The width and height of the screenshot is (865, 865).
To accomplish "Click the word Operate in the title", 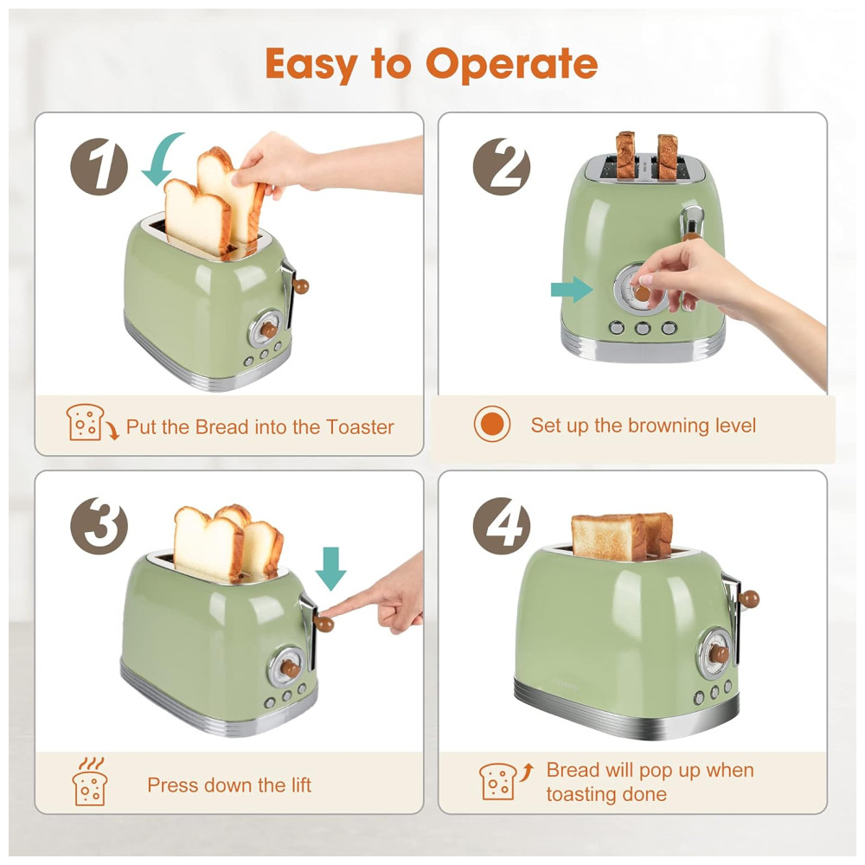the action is [x=511, y=64].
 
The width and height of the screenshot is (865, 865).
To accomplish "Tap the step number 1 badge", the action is [x=99, y=167].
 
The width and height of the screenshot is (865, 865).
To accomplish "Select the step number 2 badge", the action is [x=502, y=167].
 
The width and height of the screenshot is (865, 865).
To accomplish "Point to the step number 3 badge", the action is [x=99, y=526].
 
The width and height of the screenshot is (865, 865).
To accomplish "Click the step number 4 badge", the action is [x=502, y=526].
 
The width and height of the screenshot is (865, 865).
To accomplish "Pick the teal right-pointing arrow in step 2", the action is [x=572, y=290].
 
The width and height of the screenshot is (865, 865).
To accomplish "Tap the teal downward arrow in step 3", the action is [x=331, y=569].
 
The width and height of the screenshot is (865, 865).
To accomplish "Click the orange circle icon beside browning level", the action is [x=492, y=424].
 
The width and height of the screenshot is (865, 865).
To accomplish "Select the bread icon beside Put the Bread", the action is [x=91, y=423].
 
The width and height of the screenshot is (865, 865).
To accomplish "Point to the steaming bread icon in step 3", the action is [x=90, y=782].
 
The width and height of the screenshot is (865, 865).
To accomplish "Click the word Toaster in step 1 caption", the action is [x=360, y=427].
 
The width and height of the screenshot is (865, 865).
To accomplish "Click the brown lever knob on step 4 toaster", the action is [x=750, y=599].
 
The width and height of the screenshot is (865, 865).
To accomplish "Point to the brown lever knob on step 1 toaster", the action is [x=301, y=285].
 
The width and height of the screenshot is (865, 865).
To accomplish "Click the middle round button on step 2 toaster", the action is [x=643, y=328].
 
